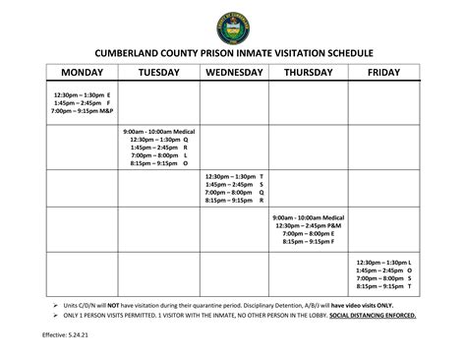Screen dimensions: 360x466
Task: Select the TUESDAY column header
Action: click(159, 73)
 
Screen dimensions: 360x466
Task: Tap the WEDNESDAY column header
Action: click(235, 73)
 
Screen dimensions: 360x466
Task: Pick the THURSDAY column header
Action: click(311, 73)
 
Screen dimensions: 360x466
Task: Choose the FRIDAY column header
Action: click(383, 73)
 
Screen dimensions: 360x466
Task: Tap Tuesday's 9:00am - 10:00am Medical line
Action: click(158, 131)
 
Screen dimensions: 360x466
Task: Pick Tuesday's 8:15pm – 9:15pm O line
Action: click(158, 164)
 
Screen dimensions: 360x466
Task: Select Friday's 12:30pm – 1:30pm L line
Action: click(383, 262)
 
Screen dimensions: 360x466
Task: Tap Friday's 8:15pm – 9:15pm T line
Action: click(383, 286)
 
